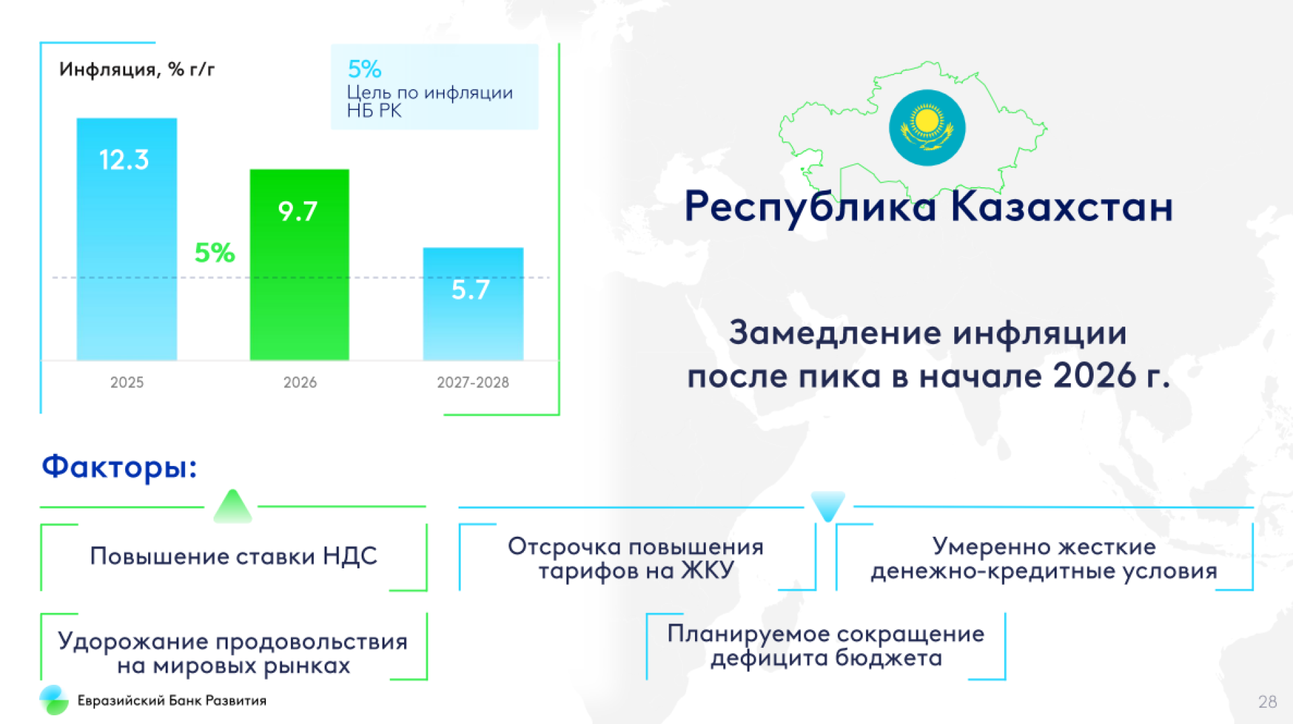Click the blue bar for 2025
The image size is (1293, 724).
(x=127, y=239)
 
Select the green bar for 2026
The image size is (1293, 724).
(x=300, y=265)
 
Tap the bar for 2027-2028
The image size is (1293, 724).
(x=473, y=304)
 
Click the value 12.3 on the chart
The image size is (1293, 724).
(x=124, y=160)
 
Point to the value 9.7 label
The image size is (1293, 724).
(x=298, y=211)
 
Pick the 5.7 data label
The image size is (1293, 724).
(x=470, y=290)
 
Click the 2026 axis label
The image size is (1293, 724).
(x=300, y=383)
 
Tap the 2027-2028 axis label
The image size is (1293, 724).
(x=473, y=383)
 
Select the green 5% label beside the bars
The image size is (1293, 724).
(x=215, y=253)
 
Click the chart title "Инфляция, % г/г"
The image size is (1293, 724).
(x=137, y=69)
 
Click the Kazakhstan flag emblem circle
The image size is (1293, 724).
(x=927, y=127)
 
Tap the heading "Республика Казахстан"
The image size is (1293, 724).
(x=929, y=206)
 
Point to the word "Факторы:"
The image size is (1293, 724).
(x=119, y=466)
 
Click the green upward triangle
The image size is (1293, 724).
(x=232, y=506)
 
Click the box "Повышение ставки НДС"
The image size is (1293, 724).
(x=234, y=557)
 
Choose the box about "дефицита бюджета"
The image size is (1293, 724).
(x=826, y=646)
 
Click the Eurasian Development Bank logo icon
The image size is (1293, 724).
(x=54, y=700)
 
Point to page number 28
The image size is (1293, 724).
(x=1267, y=702)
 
